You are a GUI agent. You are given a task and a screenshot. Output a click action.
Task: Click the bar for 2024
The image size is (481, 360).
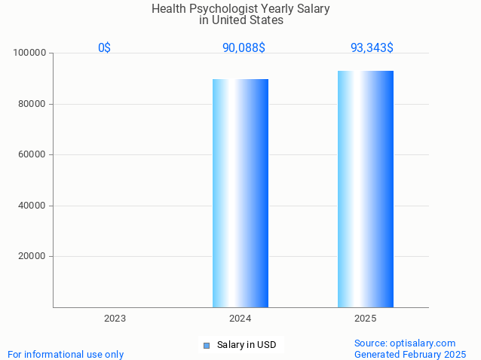(x=240, y=193)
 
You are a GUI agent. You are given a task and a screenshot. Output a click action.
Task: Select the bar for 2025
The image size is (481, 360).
(x=366, y=188)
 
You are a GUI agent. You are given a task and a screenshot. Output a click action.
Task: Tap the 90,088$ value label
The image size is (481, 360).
(x=244, y=47)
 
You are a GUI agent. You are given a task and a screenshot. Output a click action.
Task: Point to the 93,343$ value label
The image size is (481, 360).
(x=372, y=47)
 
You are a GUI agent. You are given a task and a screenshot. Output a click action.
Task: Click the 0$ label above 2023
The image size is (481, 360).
(x=104, y=47)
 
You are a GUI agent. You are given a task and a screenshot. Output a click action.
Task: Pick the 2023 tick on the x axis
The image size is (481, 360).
(x=115, y=319)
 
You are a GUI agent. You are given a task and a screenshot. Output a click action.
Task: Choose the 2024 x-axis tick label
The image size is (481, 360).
(x=240, y=319)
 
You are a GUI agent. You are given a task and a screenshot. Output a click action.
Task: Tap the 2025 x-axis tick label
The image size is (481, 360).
(x=366, y=319)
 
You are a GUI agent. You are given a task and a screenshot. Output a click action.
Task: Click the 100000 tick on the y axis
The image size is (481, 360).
(x=31, y=53)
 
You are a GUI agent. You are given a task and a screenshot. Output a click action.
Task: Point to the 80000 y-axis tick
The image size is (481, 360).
(x=34, y=104)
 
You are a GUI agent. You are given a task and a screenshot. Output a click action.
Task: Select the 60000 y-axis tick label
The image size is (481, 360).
(x=34, y=154)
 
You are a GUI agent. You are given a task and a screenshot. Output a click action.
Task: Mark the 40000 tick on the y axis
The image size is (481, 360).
(x=34, y=206)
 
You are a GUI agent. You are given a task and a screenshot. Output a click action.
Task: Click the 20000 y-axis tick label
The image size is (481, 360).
(x=34, y=256)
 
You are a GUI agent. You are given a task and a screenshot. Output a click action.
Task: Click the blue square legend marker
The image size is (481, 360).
(x=206, y=346)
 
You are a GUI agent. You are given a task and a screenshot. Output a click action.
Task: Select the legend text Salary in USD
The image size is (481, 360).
(x=247, y=345)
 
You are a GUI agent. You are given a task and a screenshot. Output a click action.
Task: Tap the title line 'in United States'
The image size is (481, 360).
(x=241, y=20)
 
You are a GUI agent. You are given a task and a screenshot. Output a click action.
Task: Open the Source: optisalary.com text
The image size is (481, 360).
(x=405, y=343)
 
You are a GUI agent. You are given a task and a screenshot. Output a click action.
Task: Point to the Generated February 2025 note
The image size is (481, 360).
(x=410, y=354)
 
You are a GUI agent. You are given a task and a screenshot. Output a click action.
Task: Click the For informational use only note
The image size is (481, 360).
(x=66, y=354)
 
